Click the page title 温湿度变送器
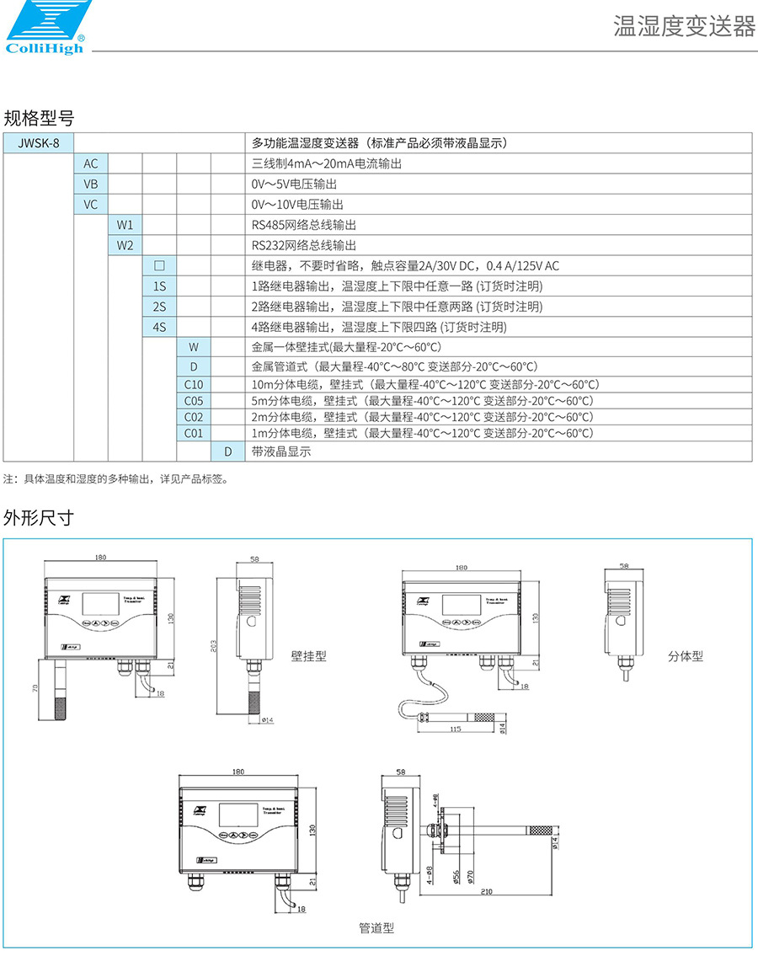coord(684,27)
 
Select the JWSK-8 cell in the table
coord(39,142)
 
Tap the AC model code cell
coord(91,163)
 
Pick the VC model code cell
coord(91,205)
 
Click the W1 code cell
coord(125,225)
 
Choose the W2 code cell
coord(125,245)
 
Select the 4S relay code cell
coord(159,327)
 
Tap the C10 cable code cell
coord(194,384)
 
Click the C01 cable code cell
coord(194,433)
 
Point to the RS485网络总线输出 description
coord(304,225)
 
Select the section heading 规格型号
coord(39,117)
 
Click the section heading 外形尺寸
coord(39,518)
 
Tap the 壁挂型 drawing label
coord(308,655)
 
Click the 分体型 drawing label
coord(685,655)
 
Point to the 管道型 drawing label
coord(376,928)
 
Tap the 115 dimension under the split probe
coord(456,729)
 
